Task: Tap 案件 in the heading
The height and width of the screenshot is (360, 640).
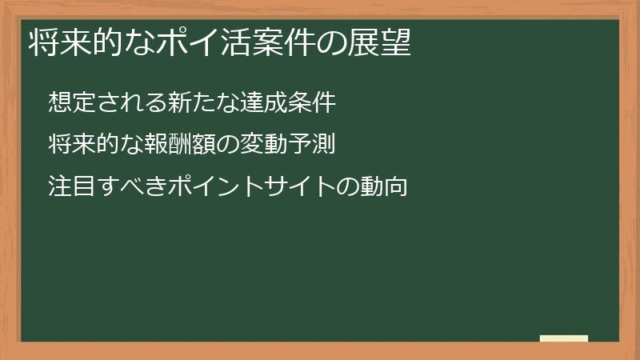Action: pyautogui.click(x=285, y=42)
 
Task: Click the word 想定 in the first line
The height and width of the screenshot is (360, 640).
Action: pyautogui.click(x=67, y=102)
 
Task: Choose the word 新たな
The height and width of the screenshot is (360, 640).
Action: pyautogui.click(x=195, y=102)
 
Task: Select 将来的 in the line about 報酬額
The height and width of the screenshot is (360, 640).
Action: pyautogui.click(x=78, y=145)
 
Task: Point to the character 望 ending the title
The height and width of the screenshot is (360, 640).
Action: pyautogui.click(x=397, y=42)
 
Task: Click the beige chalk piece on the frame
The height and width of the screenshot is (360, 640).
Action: pyautogui.click(x=564, y=338)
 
